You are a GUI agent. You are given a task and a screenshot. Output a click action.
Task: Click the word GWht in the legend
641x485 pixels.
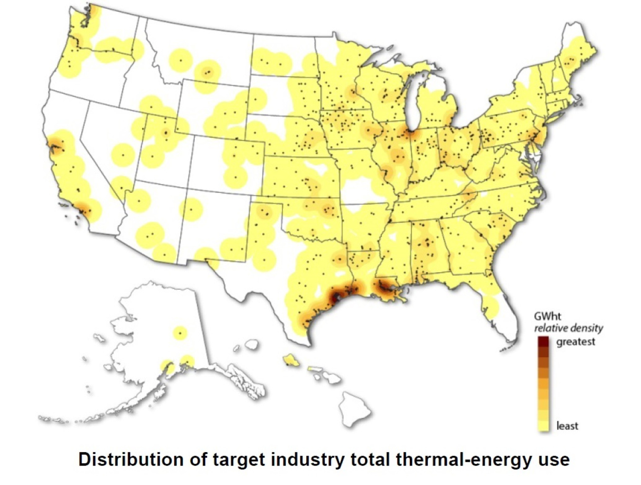click(547, 316)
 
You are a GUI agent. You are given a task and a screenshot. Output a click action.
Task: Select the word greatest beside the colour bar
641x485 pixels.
click(575, 342)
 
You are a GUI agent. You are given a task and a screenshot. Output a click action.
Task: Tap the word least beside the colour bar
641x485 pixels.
click(567, 426)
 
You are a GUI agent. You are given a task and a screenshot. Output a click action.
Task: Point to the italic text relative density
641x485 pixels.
click(568, 328)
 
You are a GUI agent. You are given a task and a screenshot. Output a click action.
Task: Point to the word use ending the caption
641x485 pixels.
click(553, 460)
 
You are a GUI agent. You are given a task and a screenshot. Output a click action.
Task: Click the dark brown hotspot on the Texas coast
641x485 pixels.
click(336, 297)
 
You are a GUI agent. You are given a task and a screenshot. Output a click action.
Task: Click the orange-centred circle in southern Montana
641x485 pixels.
click(208, 73)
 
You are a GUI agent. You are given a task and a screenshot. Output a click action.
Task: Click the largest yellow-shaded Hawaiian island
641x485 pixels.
click(291, 361)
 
